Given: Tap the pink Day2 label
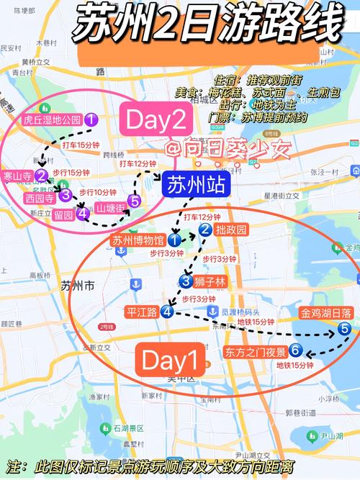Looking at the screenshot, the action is [156, 119].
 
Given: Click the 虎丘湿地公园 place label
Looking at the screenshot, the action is [52, 120].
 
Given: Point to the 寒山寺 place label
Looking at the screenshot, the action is [17, 176].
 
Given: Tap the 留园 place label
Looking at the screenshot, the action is [64, 214].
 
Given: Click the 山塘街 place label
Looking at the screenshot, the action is [110, 208].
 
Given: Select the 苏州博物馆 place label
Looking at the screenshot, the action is [138, 240].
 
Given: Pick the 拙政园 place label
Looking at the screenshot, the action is [231, 230].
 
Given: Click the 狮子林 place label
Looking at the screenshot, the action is [210, 281].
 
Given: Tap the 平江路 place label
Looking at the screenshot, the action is [142, 312].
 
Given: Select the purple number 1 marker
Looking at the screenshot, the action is [91, 120].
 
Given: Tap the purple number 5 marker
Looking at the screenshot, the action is [134, 201].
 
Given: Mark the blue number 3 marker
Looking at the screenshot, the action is [186, 281].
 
